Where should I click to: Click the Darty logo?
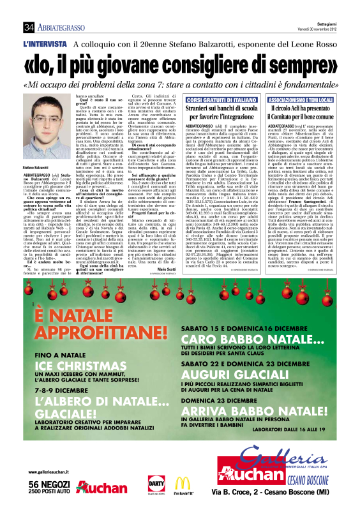pyautogui.click(x=154, y=484)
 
